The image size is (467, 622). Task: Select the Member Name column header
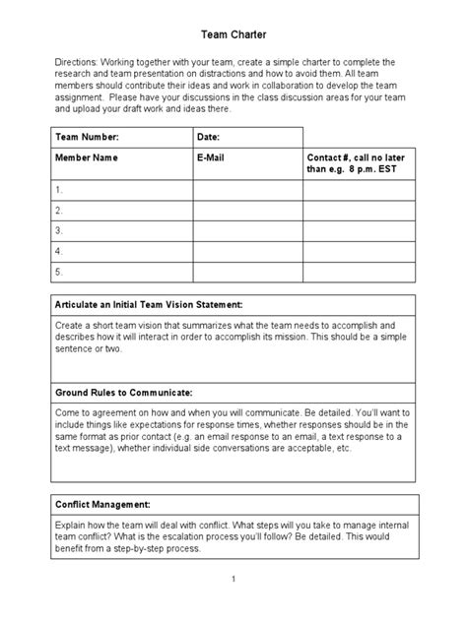(x=89, y=156)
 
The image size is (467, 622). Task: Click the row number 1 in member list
(x=59, y=189)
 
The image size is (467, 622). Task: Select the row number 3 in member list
(x=59, y=230)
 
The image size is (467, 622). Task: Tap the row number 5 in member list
(x=59, y=272)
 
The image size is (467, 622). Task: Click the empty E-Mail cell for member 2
(x=246, y=210)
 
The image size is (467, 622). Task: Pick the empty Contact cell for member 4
(x=359, y=251)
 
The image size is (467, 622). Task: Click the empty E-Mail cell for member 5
(x=246, y=272)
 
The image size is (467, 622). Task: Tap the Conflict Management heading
(x=101, y=502)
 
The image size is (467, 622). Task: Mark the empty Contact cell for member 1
(x=359, y=189)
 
